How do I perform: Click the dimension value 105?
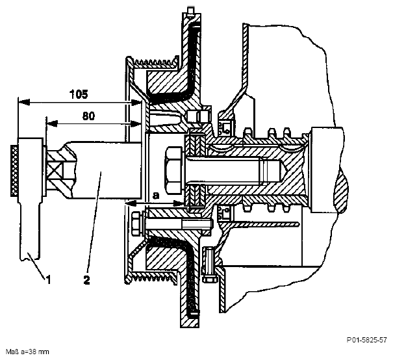coord(79,94)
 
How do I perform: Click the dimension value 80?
coord(88,116)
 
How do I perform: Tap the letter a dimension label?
coord(156,195)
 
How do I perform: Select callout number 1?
coord(48,279)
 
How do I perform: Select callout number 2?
coord(86,279)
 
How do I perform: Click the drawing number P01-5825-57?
coord(366,340)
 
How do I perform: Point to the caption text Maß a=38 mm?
coord(27,352)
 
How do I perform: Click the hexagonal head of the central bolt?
coord(172,170)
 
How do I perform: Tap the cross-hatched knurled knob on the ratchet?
coord(14,170)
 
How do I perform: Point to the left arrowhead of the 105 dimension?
coord(24,102)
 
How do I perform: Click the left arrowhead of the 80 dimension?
coord(52,123)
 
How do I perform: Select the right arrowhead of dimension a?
coord(179,203)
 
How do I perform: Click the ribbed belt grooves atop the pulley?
coord(155,62)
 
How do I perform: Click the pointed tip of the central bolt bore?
coord(284,170)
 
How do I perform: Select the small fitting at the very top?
coord(191,11)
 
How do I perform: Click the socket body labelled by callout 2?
coord(105,170)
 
